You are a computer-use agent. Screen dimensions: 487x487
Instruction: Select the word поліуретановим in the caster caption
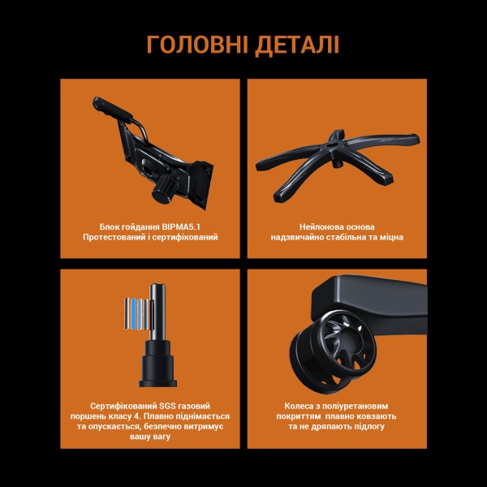[x=361, y=403]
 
